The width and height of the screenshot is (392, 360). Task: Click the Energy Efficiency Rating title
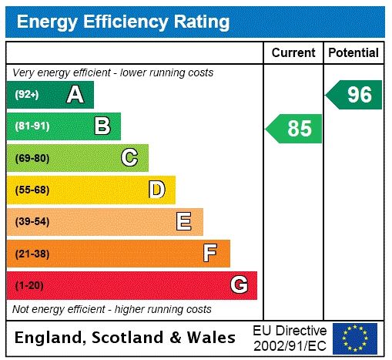123,22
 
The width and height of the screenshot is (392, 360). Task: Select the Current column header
293,53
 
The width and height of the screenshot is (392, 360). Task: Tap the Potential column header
353,53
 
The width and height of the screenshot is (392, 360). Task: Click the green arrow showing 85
295,128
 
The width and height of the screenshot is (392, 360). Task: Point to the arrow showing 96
355,95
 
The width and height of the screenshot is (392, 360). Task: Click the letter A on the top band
75,95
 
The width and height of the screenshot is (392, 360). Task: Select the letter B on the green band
102,126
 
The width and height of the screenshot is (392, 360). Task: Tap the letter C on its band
129,158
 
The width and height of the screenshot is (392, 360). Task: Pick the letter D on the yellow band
156,190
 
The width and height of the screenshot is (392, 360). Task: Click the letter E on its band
184,222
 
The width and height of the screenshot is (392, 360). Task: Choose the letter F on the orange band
210,253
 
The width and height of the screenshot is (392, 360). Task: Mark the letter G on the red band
239,285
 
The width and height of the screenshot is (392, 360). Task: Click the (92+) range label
27,95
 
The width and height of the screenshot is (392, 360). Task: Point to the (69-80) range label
32,158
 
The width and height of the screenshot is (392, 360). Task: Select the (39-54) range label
32,222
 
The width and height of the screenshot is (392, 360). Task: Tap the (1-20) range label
29,285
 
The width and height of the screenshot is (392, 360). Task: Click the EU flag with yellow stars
355,338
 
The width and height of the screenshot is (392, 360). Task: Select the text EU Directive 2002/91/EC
290,338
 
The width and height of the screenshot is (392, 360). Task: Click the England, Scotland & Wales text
126,338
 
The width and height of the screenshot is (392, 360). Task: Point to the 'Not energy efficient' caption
112,309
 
